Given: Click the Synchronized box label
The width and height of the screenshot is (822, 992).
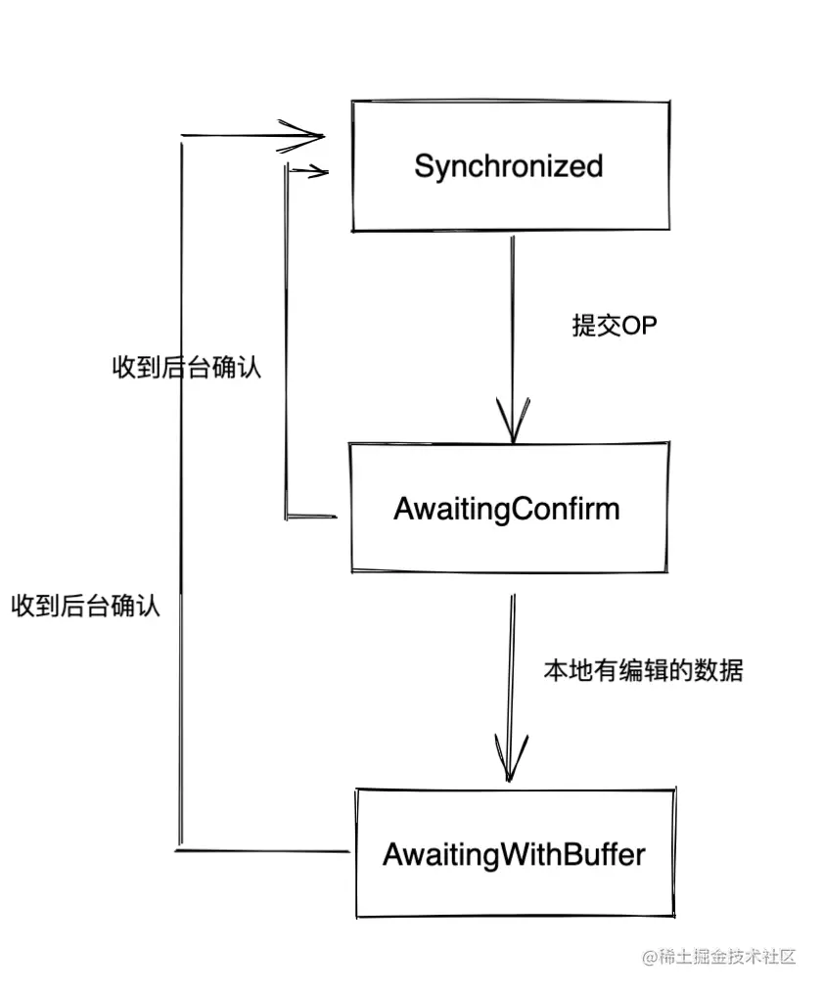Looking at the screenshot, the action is point(508,167).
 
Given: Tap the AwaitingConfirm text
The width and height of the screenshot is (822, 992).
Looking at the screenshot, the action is point(506,510).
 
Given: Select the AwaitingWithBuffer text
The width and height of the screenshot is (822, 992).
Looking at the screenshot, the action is point(514,855).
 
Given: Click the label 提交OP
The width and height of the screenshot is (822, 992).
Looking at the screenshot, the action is point(615,325).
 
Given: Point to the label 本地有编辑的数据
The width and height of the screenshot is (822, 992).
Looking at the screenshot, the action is point(643,670).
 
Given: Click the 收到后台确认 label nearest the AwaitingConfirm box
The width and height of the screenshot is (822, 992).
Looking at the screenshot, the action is point(187,367).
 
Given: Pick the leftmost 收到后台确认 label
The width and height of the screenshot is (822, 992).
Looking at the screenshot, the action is point(85,606).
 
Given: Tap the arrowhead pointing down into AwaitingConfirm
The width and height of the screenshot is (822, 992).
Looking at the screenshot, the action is point(513,421).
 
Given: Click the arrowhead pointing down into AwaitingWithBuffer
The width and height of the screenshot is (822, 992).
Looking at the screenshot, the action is point(511,758).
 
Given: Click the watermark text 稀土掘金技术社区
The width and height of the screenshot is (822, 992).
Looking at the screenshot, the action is point(726,957).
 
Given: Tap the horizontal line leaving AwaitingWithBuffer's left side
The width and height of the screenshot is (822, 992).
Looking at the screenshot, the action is point(262,851).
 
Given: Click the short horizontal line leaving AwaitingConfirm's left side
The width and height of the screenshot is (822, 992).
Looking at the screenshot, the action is point(311,517).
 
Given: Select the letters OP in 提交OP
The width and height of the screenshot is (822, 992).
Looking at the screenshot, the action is point(640,325).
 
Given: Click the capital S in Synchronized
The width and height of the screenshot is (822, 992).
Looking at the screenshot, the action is point(424,165).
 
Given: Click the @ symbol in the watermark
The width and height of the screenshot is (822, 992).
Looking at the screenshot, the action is point(650,957).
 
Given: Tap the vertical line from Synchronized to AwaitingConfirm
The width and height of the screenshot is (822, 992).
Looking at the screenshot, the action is point(513,339).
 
